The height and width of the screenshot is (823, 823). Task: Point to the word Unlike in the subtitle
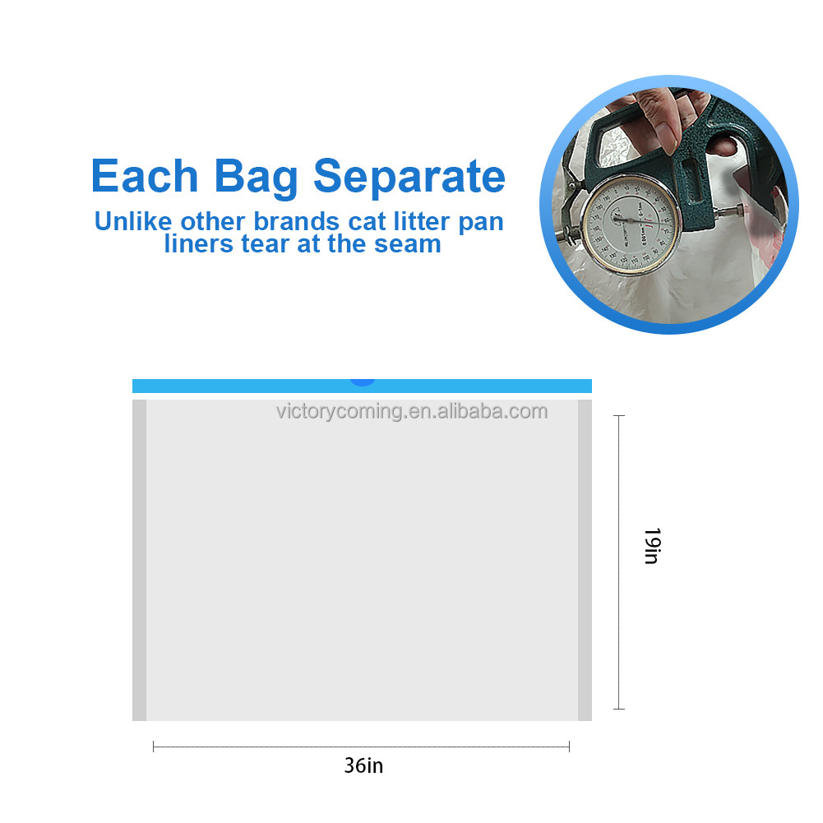coord(133,222)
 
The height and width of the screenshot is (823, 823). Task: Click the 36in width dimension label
coord(363,765)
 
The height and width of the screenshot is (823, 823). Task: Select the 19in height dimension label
coord(651,546)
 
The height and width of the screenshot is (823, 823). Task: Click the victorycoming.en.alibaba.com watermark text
coord(412,411)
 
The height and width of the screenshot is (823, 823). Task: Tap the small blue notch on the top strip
coord(362,381)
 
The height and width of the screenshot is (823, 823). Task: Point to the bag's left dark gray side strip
coord(139,560)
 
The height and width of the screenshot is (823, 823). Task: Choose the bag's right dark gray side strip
coord(585,560)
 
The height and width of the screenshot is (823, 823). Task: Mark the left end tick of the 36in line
coord(154,747)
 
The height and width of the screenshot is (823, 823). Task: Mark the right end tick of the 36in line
coord(569,747)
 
